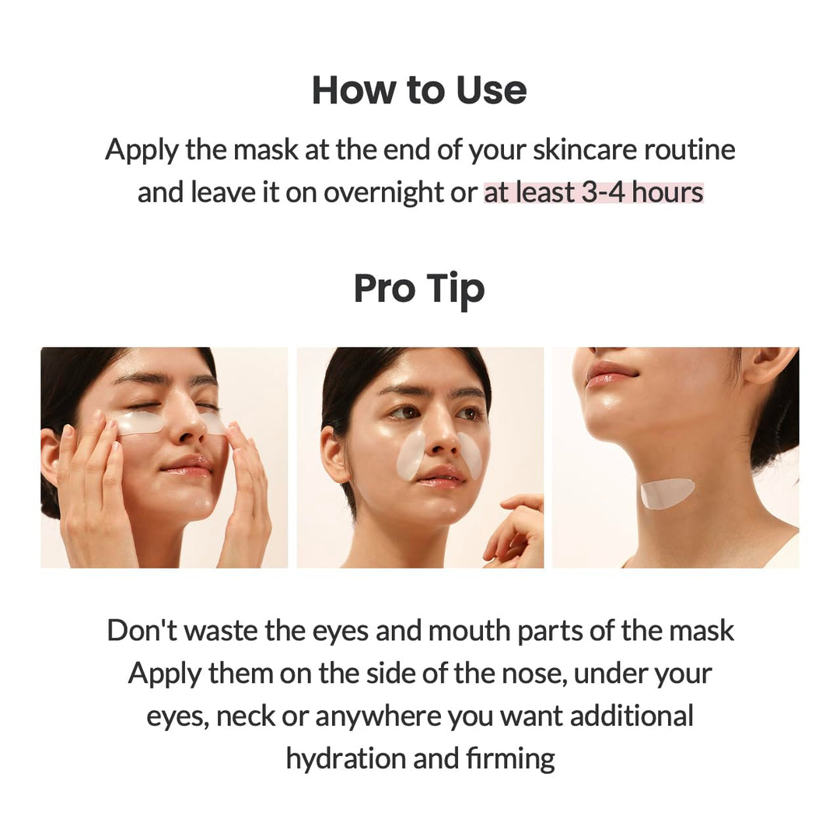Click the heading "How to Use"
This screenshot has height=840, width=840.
(x=419, y=90)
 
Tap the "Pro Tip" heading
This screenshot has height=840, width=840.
(x=419, y=289)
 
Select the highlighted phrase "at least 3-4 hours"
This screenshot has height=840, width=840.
(x=593, y=192)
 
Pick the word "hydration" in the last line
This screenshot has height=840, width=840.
(x=346, y=758)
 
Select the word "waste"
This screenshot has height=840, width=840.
(x=220, y=630)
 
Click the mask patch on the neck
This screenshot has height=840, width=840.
(x=667, y=493)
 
